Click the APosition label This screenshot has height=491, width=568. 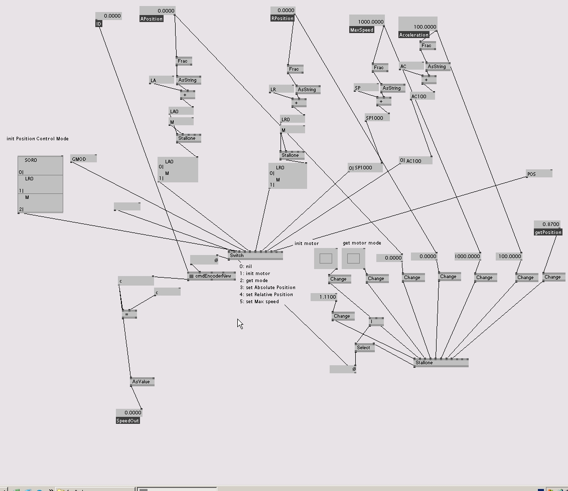coord(152,19)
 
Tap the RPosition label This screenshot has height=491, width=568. coord(282,18)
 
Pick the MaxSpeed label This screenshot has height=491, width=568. coord(362,30)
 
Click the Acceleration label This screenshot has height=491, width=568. coord(414,35)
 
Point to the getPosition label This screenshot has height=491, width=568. coord(548,232)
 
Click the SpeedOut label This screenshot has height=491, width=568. coord(128,420)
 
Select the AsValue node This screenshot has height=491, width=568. coord(142,382)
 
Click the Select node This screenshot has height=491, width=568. coord(364,347)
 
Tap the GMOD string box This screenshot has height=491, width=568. coord(83,159)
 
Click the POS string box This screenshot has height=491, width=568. coord(539,174)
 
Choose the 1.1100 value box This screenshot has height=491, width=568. coord(324,297)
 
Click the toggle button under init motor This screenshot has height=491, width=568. coord(326,259)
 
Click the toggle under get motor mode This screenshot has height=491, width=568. coord(353,259)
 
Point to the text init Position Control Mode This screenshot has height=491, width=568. coord(38,139)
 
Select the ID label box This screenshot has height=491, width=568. coord(99,24)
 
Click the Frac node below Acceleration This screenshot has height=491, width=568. coord(427,46)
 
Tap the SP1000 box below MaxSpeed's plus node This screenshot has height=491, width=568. coord(377,118)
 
